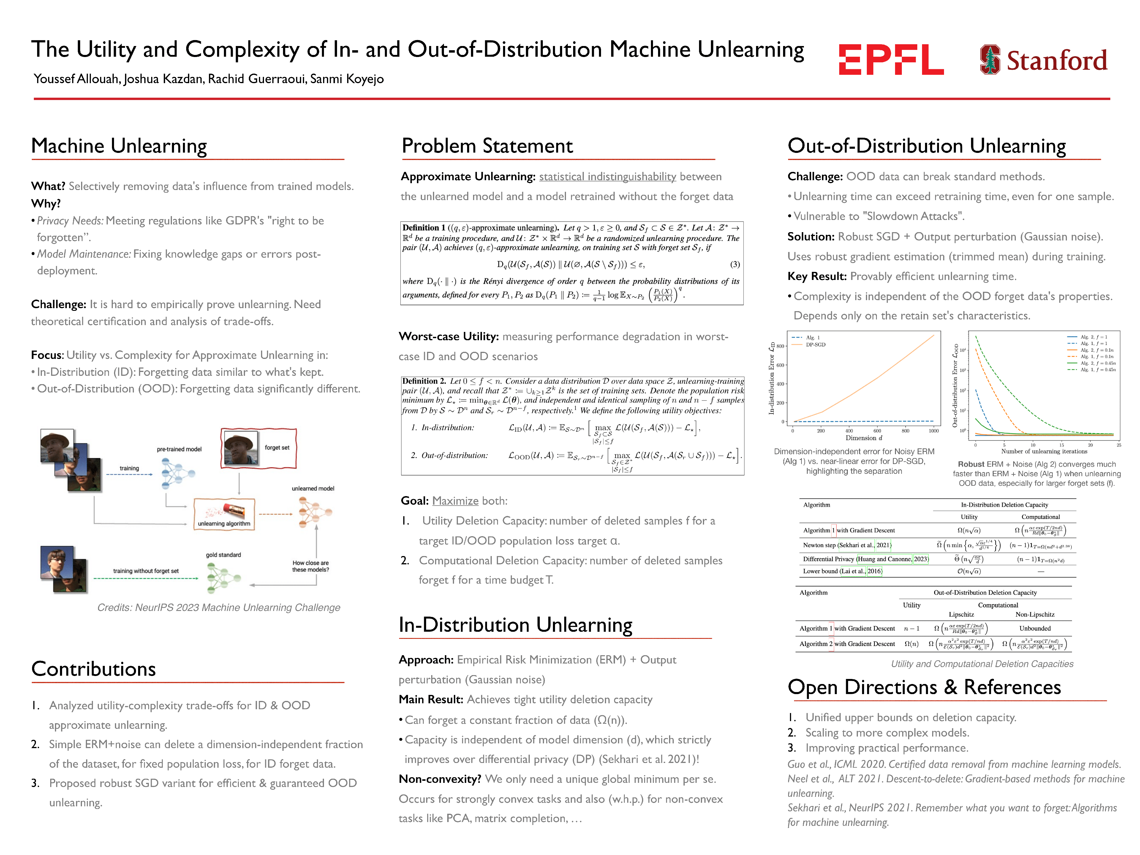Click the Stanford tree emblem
pyautogui.click(x=989, y=59)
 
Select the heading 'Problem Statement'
pyautogui.click(x=487, y=146)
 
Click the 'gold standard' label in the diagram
pyautogui.click(x=223, y=555)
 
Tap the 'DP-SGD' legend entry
pyautogui.click(x=815, y=344)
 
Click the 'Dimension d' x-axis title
pyautogui.click(x=864, y=438)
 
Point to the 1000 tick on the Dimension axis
pyautogui.click(x=933, y=431)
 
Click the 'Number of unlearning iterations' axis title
pyautogui.click(x=1044, y=452)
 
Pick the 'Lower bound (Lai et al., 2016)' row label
pyautogui.click(x=842, y=571)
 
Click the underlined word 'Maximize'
pyautogui.click(x=455, y=501)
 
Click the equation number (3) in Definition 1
pyautogui.click(x=734, y=265)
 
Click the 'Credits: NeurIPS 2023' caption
pyautogui.click(x=219, y=608)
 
